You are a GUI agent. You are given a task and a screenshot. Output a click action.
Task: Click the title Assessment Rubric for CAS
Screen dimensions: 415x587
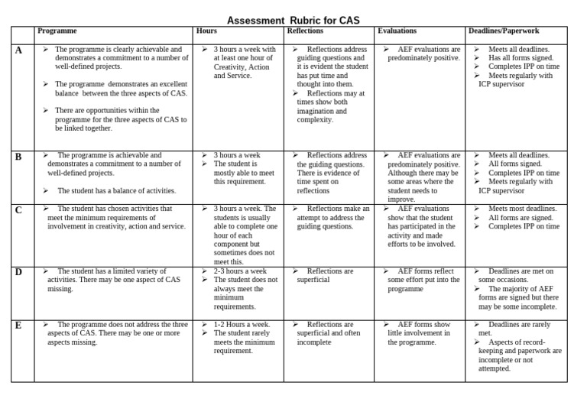point(293,20)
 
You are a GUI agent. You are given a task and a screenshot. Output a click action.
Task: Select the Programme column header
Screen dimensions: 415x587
point(57,31)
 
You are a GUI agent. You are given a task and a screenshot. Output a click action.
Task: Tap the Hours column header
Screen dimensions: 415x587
point(206,31)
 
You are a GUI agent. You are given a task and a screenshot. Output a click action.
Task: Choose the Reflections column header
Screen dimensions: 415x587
point(305,31)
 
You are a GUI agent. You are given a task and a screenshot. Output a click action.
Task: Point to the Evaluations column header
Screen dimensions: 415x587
point(397,31)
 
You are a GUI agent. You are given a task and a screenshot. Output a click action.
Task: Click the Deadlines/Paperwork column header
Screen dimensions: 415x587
point(504,31)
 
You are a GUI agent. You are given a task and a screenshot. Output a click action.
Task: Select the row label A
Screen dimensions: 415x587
point(18,50)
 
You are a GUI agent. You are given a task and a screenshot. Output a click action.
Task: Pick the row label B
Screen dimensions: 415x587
point(18,157)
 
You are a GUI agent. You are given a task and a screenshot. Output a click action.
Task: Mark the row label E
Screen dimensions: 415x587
point(18,326)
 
